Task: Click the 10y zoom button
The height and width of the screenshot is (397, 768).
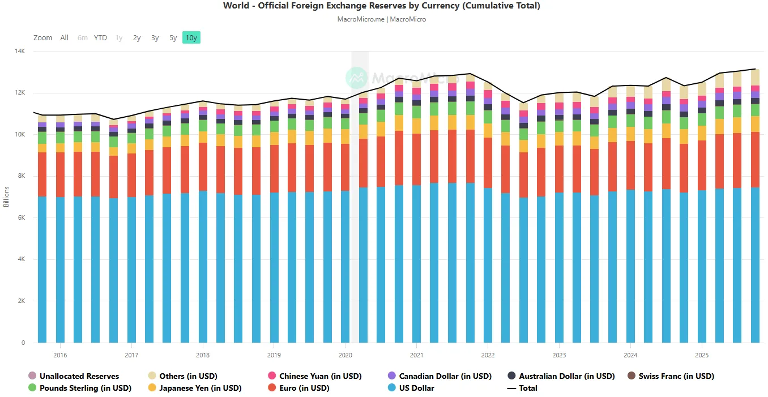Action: pyautogui.click(x=191, y=38)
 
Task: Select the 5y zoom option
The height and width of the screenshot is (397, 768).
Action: pyautogui.click(x=173, y=38)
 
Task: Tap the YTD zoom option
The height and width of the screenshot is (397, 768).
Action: pyautogui.click(x=100, y=38)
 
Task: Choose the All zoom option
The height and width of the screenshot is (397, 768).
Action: pyautogui.click(x=64, y=38)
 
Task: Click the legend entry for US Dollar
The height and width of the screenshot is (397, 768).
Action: pyautogui.click(x=411, y=388)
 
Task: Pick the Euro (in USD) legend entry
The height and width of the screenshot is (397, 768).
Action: pyautogui.click(x=298, y=388)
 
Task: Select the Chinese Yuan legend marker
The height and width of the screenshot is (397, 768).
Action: pyautogui.click(x=272, y=375)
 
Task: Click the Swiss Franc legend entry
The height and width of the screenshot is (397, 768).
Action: pyautogui.click(x=671, y=376)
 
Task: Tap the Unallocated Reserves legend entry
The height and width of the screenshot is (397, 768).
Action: pyautogui.click(x=74, y=376)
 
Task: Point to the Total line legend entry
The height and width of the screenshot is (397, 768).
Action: pyautogui.click(x=522, y=388)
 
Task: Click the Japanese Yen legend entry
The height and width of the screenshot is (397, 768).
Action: pyautogui.click(x=195, y=388)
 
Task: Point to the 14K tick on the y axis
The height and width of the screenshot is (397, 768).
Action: pyautogui.click(x=20, y=51)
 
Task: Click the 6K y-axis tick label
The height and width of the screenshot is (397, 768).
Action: pyautogui.click(x=22, y=217)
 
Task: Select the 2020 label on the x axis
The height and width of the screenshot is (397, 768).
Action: pyautogui.click(x=345, y=355)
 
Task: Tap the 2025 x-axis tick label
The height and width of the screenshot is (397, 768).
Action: pyautogui.click(x=702, y=355)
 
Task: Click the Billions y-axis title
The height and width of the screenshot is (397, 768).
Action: pyautogui.click(x=6, y=197)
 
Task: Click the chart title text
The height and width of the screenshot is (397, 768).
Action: pyautogui.click(x=382, y=6)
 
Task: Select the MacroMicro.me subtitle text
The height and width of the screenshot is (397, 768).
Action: pyautogui.click(x=361, y=19)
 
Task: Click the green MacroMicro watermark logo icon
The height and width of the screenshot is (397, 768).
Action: pyautogui.click(x=357, y=78)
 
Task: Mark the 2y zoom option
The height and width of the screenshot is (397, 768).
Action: pyautogui.click(x=137, y=38)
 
